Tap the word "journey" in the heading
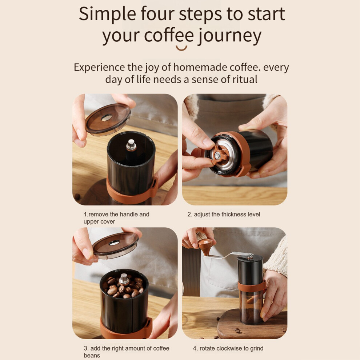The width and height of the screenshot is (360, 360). [230, 37]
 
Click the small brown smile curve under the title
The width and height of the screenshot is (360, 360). [181, 48]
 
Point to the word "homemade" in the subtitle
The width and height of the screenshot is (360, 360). [200, 67]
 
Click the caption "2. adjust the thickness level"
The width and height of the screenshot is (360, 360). [224, 215]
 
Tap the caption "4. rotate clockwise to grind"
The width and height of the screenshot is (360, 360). [228, 348]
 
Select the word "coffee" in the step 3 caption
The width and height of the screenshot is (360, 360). [161, 348]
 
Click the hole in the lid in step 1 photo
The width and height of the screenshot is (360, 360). [107, 117]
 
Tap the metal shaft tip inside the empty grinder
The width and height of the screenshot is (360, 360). [131, 145]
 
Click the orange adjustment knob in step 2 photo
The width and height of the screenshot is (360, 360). [219, 155]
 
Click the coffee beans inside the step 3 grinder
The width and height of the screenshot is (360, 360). [124, 287]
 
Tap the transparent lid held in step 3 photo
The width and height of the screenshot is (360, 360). [116, 245]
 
